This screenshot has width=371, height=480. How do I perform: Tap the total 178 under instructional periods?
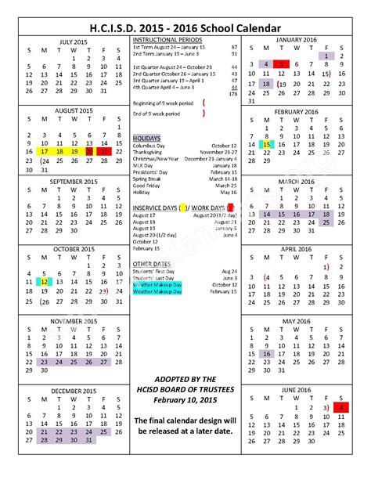[232, 93]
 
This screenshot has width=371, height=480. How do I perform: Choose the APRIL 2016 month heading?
[297, 247]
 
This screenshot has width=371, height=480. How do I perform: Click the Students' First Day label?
[153, 271]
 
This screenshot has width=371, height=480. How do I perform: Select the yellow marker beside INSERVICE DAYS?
[183, 207]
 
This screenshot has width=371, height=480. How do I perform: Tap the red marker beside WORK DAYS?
[230, 207]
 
